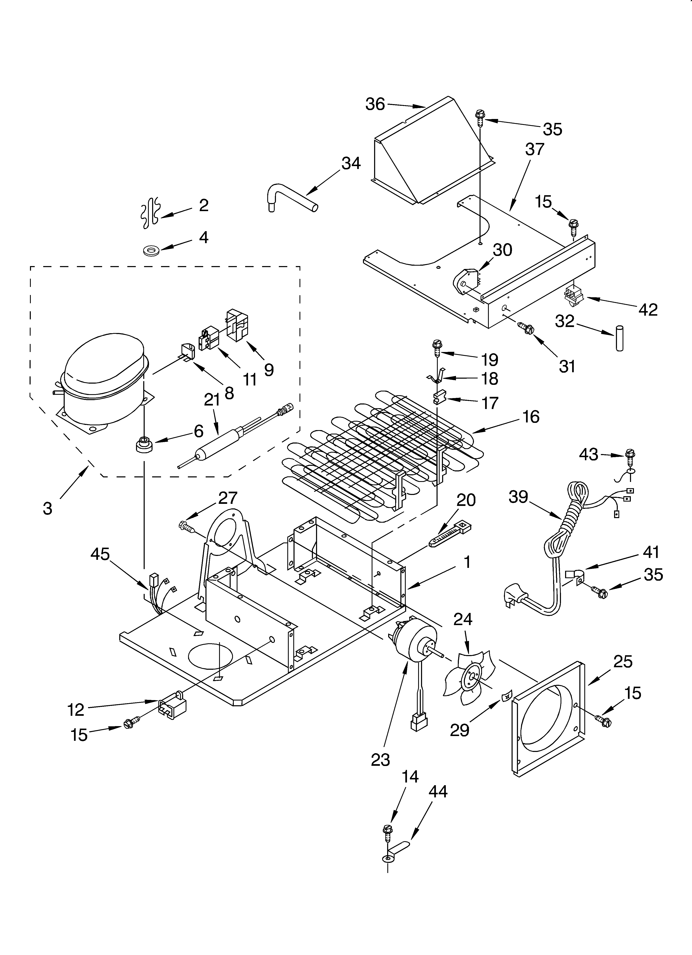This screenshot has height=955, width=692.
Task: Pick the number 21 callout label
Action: click(212, 400)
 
